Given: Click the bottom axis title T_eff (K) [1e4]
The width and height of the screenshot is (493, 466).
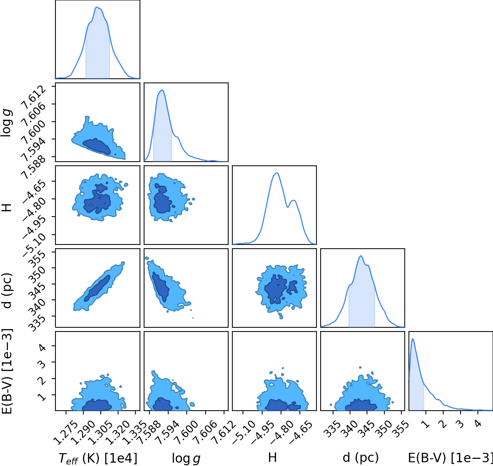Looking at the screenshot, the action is (98, 458).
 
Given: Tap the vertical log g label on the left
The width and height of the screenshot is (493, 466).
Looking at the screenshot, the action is (6, 122).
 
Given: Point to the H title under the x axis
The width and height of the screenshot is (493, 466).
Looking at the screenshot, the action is (272, 457).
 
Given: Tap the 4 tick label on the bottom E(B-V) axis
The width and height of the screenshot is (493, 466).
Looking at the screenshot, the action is (478, 424).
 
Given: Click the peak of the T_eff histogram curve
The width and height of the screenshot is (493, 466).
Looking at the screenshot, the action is (97, 7).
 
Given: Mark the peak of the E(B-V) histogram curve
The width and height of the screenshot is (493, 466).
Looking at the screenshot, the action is (413, 339).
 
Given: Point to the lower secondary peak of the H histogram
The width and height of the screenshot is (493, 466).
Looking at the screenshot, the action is (293, 200).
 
